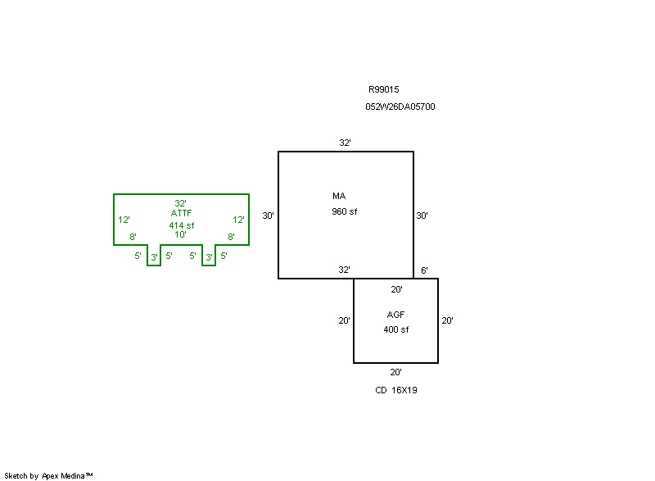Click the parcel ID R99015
[x=383, y=90]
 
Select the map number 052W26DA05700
[x=400, y=107]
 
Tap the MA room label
[x=339, y=197]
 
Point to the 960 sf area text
[x=345, y=211]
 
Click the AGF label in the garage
[x=396, y=315]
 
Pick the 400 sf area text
[x=396, y=329]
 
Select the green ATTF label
[x=181, y=213]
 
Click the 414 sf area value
[x=181, y=225]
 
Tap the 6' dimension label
[x=424, y=270]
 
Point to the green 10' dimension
[x=180, y=235]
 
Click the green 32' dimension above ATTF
[x=180, y=203]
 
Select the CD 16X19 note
[x=396, y=390]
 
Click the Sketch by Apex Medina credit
[x=48, y=475]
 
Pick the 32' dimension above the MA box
[x=346, y=143]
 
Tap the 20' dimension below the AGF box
[x=396, y=372]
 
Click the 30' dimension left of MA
[x=268, y=216]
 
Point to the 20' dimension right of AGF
[x=448, y=321]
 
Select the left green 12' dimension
[x=124, y=220]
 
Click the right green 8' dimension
[x=231, y=237]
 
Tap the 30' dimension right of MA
[x=422, y=216]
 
